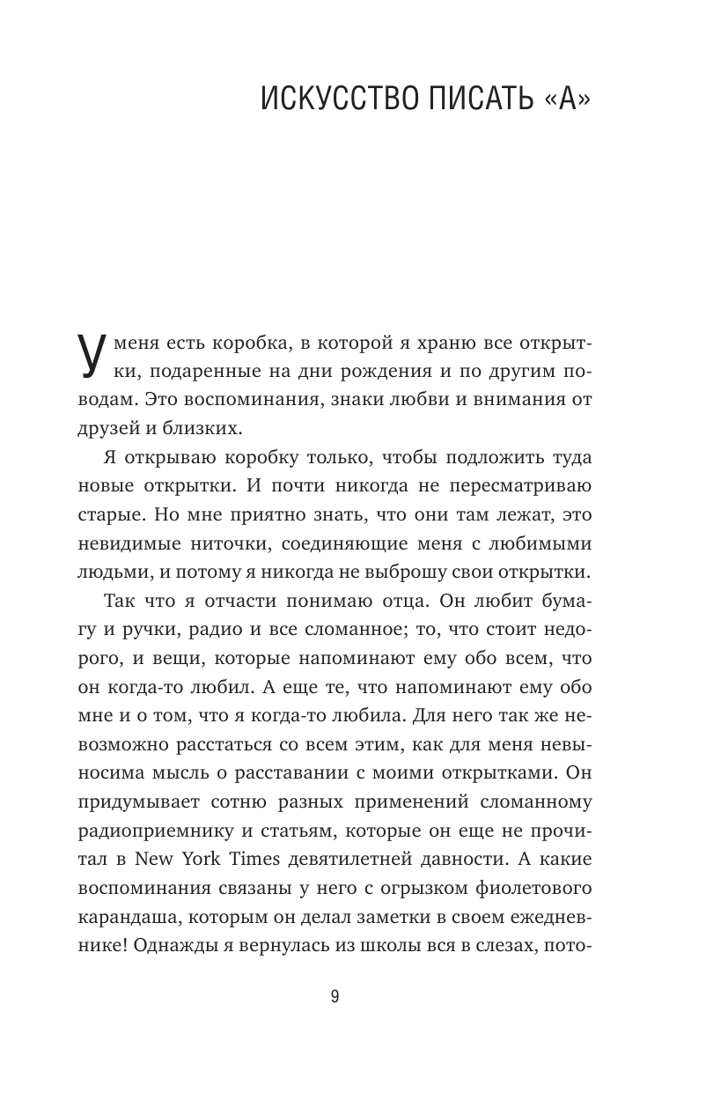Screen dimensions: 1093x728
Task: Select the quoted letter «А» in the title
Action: coord(563,100)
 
